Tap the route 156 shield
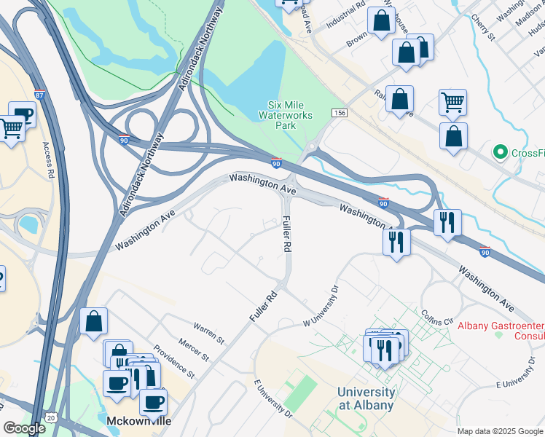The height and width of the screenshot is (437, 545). click(x=339, y=113)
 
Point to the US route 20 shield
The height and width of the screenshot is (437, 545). click(x=50, y=417)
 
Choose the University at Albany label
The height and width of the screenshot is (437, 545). click(x=366, y=398)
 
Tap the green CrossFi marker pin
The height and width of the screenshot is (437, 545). click(x=500, y=152)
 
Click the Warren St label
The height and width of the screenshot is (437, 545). click(x=208, y=334)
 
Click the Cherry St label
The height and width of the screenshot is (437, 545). click(x=483, y=27)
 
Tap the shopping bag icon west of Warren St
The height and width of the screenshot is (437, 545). click(x=94, y=321)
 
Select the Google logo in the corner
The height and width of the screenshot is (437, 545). click(x=24, y=428)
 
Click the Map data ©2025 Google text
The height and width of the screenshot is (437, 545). click(x=499, y=431)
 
